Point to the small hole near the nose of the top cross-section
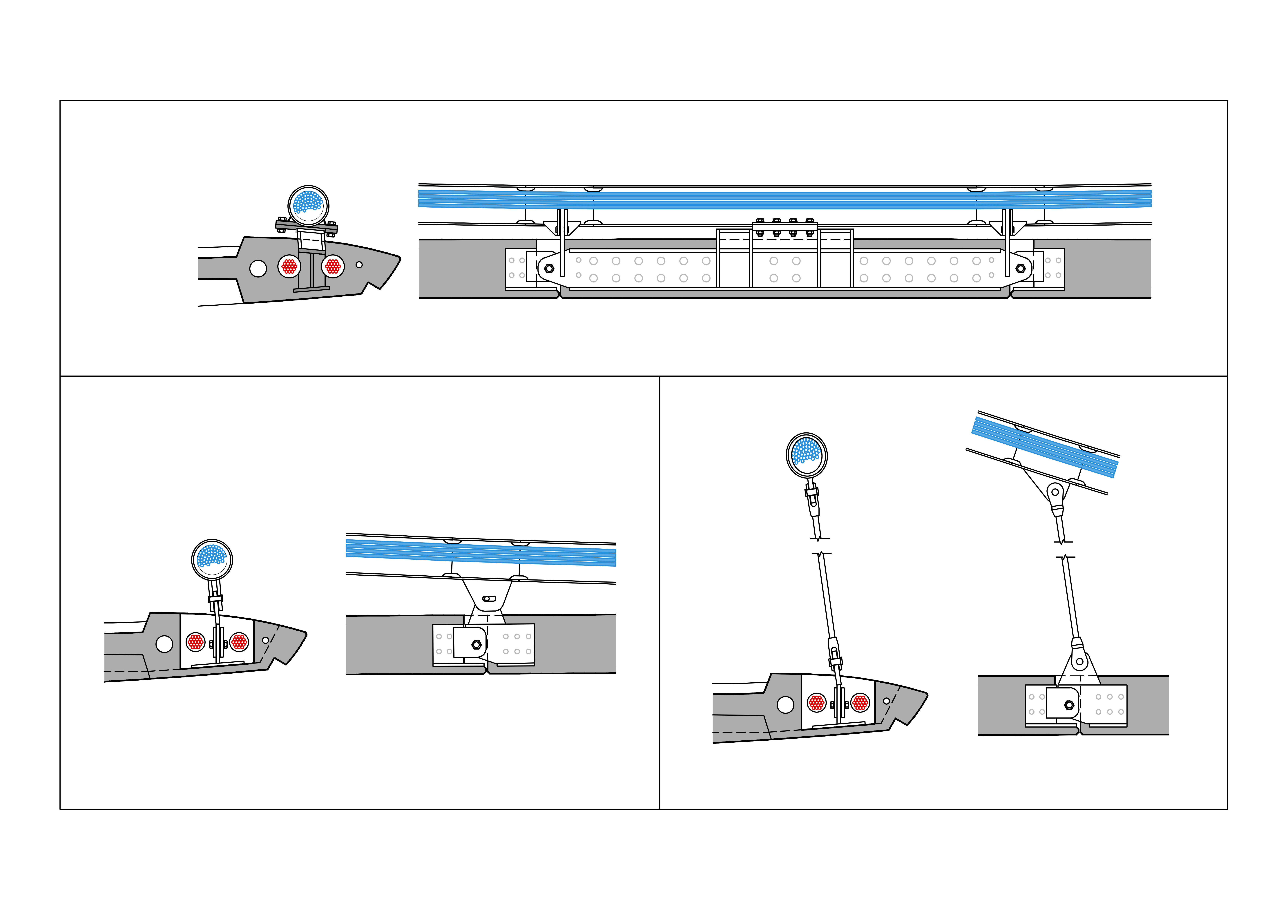point(359,265)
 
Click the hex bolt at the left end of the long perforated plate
point(549,269)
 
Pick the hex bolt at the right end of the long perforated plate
point(1020,269)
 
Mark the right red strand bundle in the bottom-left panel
point(239,642)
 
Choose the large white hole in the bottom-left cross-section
point(164,644)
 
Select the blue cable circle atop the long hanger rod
point(807,454)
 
